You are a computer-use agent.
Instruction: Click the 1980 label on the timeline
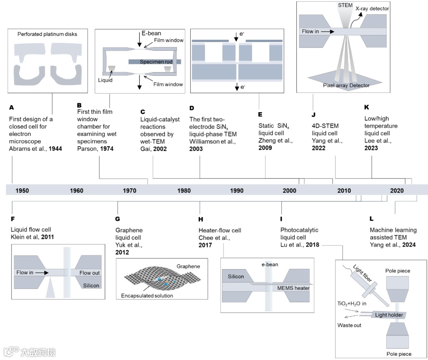pyautogui.click(x=184, y=190)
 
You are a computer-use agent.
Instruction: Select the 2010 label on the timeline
pyautogui.click(x=344, y=190)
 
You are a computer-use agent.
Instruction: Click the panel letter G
pyautogui.click(x=118, y=218)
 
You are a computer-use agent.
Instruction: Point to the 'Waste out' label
pyautogui.click(x=349, y=325)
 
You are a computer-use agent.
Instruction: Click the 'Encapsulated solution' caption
pyautogui.click(x=147, y=295)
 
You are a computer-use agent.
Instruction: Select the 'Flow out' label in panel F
pyautogui.click(x=90, y=273)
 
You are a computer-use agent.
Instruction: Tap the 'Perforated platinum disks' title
pyautogui.click(x=47, y=34)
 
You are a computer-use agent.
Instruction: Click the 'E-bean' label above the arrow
pyautogui.click(x=151, y=33)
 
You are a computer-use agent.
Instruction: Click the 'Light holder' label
pyautogui.click(x=389, y=315)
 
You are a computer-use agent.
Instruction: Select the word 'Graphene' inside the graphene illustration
pyautogui.click(x=189, y=266)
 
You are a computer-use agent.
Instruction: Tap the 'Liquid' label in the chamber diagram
pyautogui.click(x=106, y=80)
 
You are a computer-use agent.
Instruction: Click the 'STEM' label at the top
pyautogui.click(x=342, y=5)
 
